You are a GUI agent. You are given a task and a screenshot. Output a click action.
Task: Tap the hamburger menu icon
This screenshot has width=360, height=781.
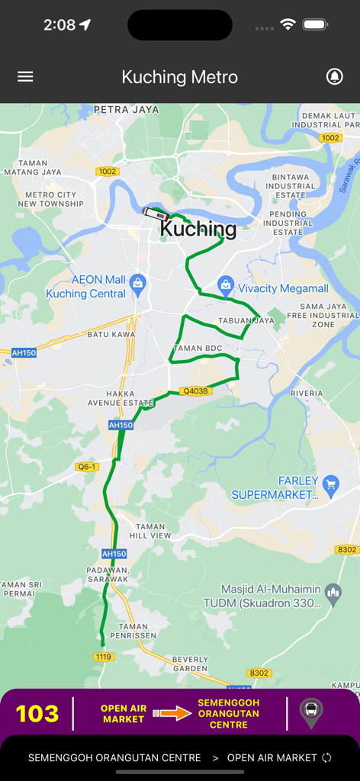click(25, 77)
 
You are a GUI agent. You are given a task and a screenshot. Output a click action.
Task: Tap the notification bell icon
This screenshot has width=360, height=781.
click(334, 77)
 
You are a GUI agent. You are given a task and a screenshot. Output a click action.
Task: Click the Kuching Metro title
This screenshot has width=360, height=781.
click(180, 77)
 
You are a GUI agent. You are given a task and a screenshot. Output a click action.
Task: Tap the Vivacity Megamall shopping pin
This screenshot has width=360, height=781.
click(226, 286)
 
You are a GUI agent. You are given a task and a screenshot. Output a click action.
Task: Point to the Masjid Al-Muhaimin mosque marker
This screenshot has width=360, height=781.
click(333, 592)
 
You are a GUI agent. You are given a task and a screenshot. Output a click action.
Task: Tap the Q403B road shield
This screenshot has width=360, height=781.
click(194, 391)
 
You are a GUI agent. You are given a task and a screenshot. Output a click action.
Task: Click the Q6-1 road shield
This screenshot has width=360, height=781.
click(87, 466)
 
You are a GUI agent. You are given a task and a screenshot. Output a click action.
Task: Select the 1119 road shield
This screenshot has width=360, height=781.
click(103, 657)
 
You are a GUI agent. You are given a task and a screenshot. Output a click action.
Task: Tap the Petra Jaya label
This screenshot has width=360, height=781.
click(126, 110)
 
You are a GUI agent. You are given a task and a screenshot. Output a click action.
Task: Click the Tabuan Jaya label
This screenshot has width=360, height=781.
click(246, 320)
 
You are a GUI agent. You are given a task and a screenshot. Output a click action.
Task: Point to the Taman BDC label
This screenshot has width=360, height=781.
click(198, 349)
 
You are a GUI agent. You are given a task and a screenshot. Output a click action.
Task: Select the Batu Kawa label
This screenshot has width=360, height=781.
click(111, 334)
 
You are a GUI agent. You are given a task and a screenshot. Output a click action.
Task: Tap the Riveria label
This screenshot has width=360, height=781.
click(306, 394)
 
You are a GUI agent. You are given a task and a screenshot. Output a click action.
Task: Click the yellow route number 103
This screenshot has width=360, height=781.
click(37, 714)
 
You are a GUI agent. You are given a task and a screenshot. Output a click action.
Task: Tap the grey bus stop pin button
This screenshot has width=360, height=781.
click(311, 712)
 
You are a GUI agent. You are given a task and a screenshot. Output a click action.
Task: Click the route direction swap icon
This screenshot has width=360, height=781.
click(326, 757)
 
